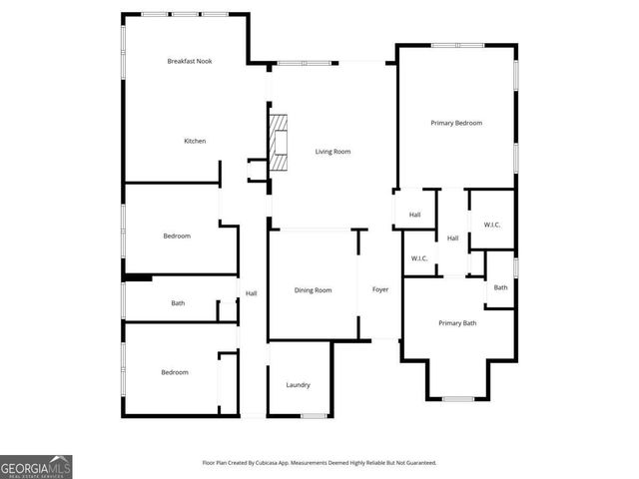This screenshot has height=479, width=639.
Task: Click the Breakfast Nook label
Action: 190,62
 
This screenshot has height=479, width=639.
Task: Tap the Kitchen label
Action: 195,141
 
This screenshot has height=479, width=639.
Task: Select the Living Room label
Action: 333,152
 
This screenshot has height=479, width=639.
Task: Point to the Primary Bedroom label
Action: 456,123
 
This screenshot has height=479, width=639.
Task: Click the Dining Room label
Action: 313,290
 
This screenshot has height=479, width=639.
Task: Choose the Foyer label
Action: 380,290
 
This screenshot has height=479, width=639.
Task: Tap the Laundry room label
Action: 298,385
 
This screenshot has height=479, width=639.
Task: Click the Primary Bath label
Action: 457,323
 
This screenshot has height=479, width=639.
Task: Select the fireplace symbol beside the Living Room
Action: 278,141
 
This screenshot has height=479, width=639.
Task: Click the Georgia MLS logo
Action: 36,467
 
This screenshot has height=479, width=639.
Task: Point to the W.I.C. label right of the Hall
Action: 492,225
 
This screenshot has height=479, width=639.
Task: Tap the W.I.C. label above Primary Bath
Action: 419,259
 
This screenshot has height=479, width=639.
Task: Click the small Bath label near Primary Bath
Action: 500,288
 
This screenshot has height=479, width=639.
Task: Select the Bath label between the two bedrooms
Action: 178,303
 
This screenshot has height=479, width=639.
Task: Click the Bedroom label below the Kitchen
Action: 177,237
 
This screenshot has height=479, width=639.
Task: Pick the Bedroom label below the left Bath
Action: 175,373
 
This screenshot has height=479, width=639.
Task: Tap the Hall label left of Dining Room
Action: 252,293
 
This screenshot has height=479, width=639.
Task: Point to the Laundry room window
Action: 315,415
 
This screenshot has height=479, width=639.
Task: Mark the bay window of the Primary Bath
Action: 457,399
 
